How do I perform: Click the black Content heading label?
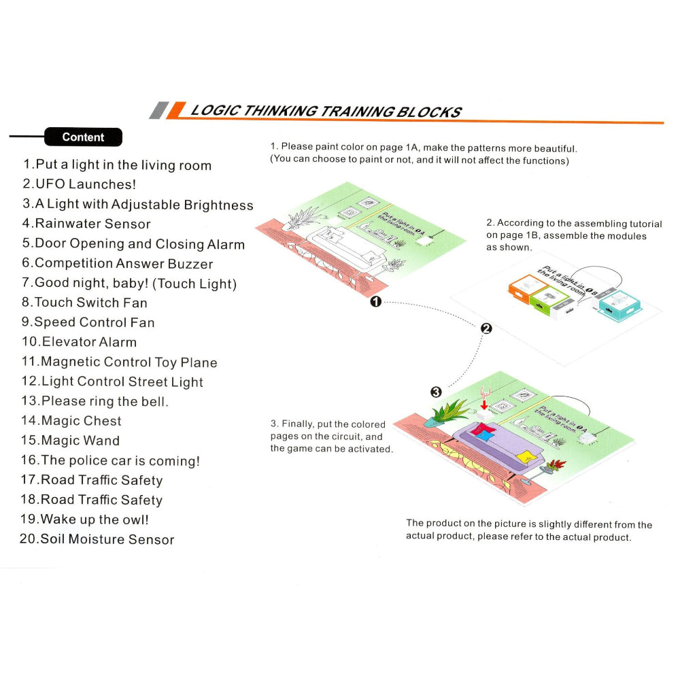(x=83, y=137)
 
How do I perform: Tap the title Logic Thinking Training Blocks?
(x=325, y=112)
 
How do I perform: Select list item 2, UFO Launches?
(x=79, y=184)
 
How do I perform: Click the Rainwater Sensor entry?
(x=86, y=224)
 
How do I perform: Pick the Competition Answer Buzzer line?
(x=118, y=263)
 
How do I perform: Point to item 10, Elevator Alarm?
(x=79, y=342)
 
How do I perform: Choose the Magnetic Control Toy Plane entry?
(x=120, y=362)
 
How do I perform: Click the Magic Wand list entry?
(x=71, y=441)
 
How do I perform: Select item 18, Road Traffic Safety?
(x=92, y=500)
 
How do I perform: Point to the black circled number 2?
(x=486, y=328)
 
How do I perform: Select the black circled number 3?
(x=436, y=392)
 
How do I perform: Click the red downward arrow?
(x=483, y=405)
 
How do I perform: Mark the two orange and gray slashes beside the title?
(x=167, y=111)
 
